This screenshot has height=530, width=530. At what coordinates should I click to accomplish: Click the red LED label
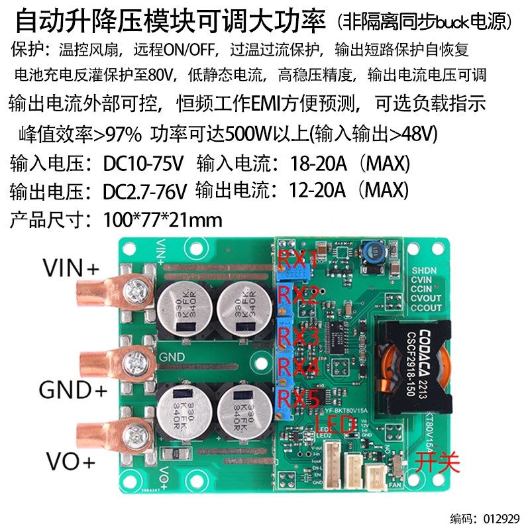click(x=336, y=425)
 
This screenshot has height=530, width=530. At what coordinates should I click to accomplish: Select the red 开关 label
click(x=437, y=462)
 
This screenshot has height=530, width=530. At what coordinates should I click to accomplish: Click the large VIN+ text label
click(x=71, y=268)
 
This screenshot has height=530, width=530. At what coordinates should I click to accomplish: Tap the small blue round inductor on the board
click(x=372, y=252)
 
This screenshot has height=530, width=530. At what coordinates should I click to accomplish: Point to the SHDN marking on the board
click(x=424, y=271)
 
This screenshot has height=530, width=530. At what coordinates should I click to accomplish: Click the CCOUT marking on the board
click(x=427, y=307)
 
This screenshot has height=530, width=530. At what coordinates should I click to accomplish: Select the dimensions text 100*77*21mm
click(x=163, y=220)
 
